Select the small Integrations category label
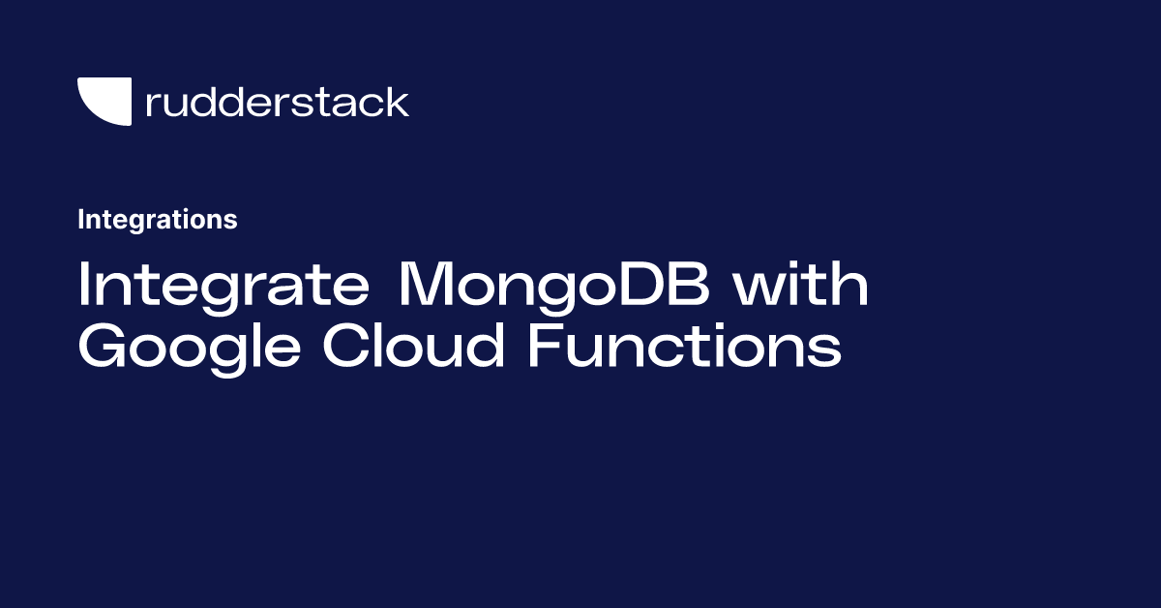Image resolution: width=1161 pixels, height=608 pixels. (x=158, y=220)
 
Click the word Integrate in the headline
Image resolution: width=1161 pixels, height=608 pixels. (x=223, y=287)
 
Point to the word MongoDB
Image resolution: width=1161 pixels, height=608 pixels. (x=553, y=287)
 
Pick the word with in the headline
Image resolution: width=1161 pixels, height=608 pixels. (x=801, y=284)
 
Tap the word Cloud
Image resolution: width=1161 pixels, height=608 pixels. (x=414, y=345)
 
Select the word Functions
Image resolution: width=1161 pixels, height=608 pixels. (x=685, y=345)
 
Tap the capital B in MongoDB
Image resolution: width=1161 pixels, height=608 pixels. (x=690, y=284)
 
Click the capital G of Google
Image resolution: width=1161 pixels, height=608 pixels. (x=102, y=345)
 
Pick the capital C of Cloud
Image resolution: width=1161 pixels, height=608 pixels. (x=345, y=345)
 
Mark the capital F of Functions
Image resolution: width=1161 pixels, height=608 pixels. (x=544, y=345)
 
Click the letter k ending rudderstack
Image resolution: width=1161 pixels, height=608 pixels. (x=397, y=101)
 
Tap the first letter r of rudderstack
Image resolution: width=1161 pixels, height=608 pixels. (x=154, y=105)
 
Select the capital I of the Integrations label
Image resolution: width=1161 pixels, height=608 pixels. (x=81, y=220)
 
